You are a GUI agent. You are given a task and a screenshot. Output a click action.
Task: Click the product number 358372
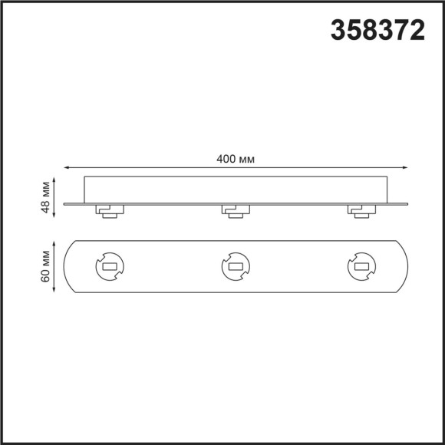pos(377,30)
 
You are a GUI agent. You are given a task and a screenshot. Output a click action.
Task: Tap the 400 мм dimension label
pos(236,159)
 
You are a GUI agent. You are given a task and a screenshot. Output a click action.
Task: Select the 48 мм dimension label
pos(47,197)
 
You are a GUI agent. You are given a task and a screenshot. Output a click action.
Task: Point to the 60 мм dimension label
pos(47,265)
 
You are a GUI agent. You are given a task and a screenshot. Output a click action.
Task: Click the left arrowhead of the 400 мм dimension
pos(66,166)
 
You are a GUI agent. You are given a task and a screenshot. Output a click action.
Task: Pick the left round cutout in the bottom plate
pos(107,266)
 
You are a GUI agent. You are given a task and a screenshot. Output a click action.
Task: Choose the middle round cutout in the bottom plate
pos(233,266)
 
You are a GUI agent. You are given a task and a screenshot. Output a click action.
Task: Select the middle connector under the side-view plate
pos(233,210)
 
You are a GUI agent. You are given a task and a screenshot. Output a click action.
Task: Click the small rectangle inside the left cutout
pos(107,267)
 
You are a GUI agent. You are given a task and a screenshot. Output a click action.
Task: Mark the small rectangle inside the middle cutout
pos(233,267)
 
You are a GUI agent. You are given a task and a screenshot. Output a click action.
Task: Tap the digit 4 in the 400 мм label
pos(219,159)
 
